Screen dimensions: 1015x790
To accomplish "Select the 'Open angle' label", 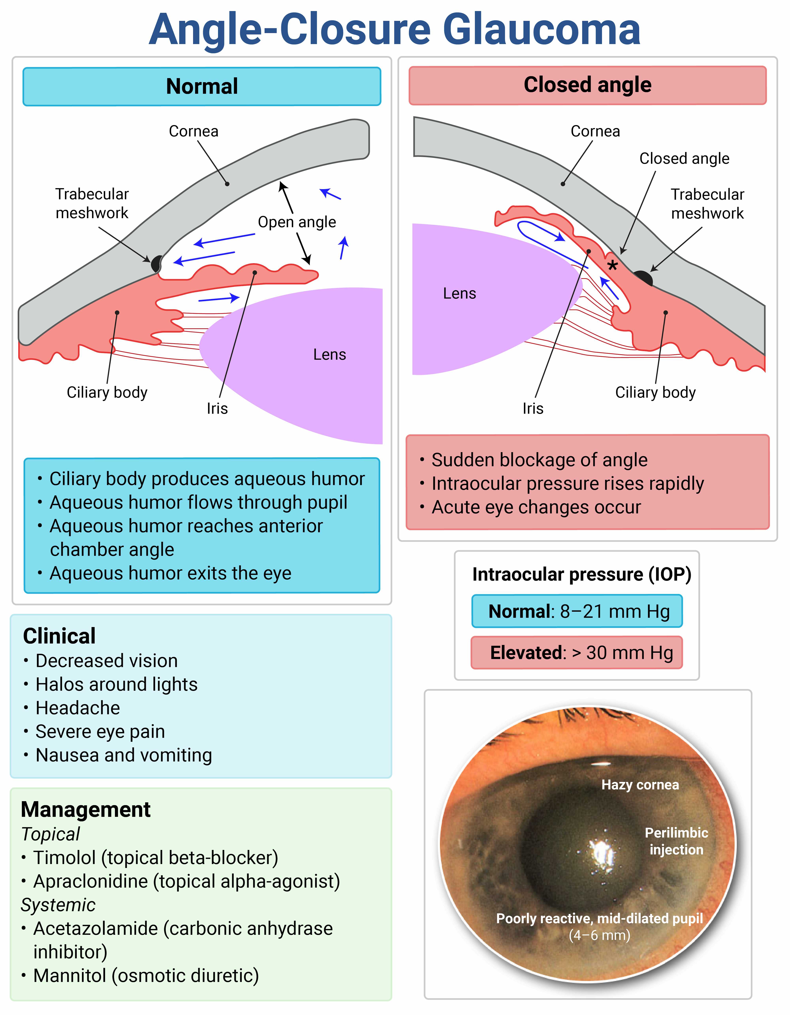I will pos(297,222).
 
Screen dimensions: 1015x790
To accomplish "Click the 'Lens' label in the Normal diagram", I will pos(329,355).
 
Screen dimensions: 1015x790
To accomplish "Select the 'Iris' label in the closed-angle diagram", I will pos(533,408).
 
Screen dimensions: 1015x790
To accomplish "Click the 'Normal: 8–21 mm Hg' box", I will pos(577,611).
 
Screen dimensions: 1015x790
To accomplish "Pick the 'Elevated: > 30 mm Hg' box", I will pos(577,653).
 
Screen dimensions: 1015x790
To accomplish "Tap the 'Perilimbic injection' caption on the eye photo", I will pos(676,841).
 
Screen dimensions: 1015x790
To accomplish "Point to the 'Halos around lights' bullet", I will pos(116,685).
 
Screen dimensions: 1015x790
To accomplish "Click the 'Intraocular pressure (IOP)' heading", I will pos(581,574).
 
